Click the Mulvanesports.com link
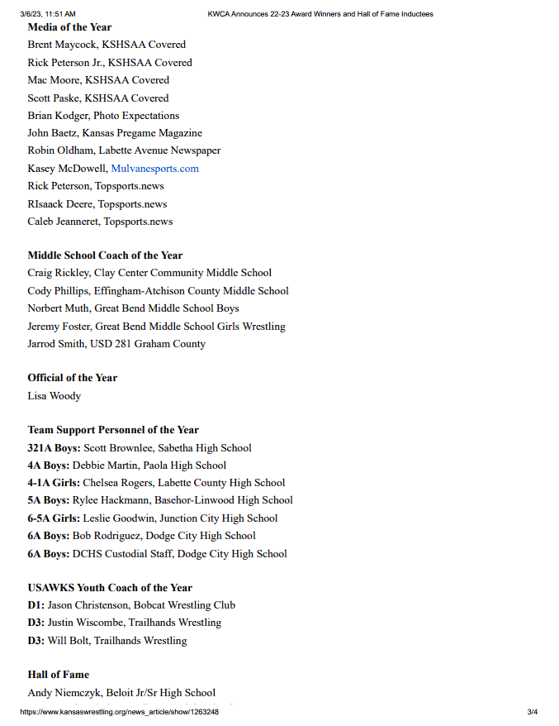[x=154, y=169]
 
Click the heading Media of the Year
[x=69, y=27]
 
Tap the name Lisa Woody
[x=54, y=396]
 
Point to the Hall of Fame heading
[x=58, y=675]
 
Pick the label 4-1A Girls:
[x=54, y=483]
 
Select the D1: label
[x=36, y=605]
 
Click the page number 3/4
[x=533, y=712]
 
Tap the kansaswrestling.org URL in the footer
[x=119, y=712]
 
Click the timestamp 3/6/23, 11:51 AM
[x=48, y=14]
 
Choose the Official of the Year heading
[x=73, y=378]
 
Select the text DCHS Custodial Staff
[x=122, y=554]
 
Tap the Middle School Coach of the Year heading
[x=105, y=256]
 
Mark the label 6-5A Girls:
[x=54, y=518]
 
